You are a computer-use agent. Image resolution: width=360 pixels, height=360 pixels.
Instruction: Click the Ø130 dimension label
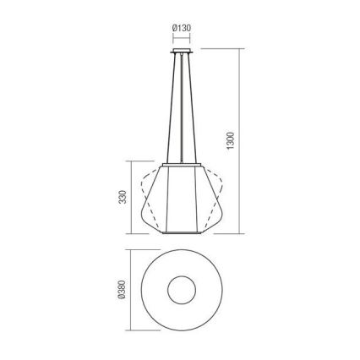pos(182,28)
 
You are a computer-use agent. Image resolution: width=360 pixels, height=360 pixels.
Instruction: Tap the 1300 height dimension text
pos(231,140)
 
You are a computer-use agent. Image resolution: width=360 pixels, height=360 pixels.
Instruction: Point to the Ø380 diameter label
pos(122,290)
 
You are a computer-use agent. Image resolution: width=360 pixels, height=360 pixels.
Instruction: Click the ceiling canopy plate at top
pos(182,51)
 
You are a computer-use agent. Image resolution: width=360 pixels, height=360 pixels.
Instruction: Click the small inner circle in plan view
pos(182,290)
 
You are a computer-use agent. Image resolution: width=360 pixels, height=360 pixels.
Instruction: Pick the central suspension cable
pos(182,108)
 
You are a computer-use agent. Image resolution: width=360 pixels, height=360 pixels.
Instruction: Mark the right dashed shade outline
pos(213,197)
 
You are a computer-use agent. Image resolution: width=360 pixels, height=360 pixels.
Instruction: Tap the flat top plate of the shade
pos(182,165)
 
